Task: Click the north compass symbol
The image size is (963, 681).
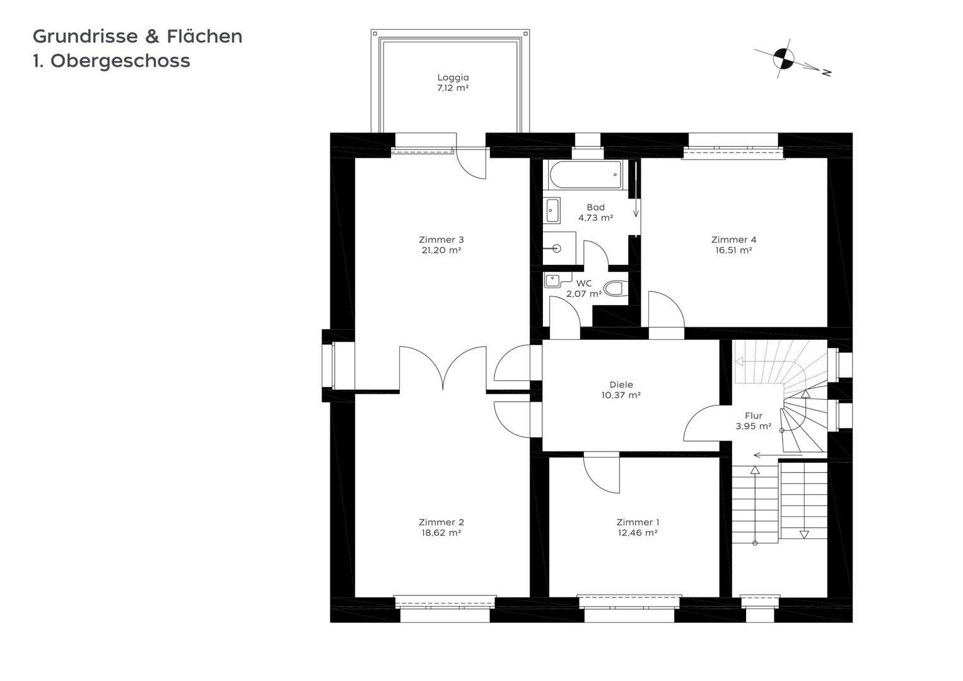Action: coord(783,59)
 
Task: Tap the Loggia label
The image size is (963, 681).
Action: coord(453,78)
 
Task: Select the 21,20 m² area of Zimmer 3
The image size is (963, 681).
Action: coord(441,250)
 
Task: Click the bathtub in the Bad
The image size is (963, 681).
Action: coord(585,175)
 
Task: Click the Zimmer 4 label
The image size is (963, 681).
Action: coord(733,240)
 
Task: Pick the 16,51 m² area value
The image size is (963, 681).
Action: coord(733,250)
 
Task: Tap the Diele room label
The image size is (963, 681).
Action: coord(621,385)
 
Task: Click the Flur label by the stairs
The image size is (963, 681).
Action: coord(754,416)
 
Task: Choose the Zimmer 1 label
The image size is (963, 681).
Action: coord(638,522)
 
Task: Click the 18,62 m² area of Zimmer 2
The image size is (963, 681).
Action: coord(441,533)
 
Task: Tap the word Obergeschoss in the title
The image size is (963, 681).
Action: coord(120,61)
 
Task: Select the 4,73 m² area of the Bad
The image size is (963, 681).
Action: coord(595,218)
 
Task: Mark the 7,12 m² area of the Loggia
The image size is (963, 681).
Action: coord(453,88)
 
